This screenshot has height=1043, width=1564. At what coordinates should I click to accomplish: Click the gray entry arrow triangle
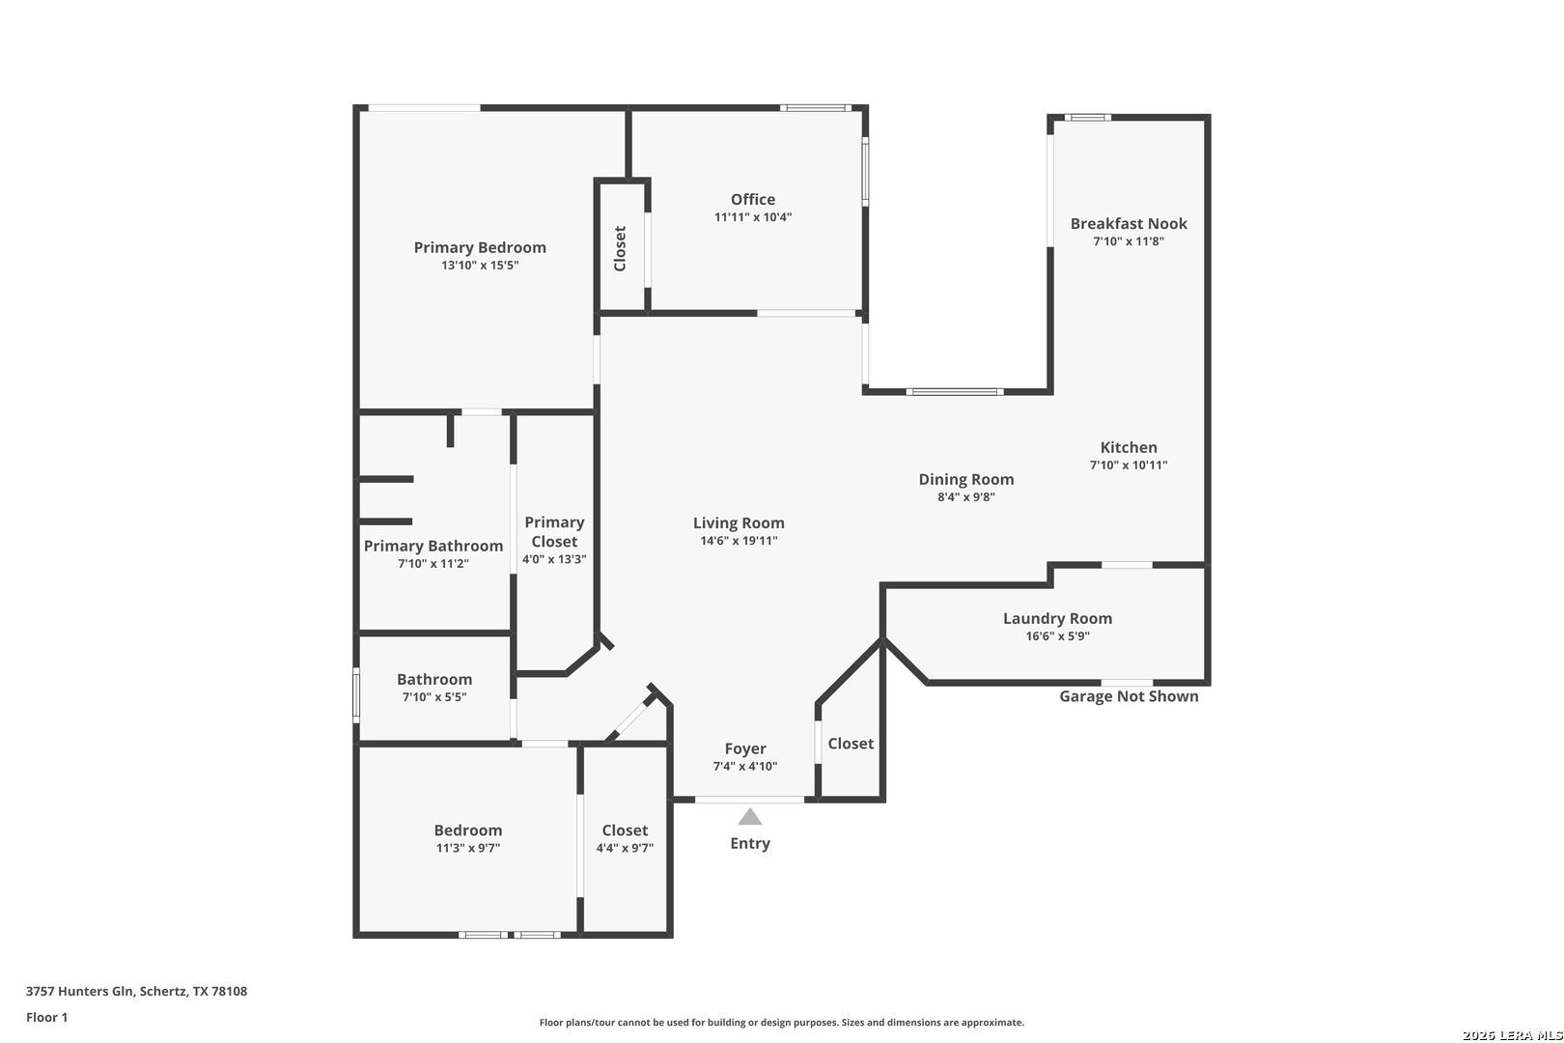(x=750, y=817)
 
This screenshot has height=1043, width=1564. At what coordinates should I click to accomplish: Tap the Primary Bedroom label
(x=480, y=247)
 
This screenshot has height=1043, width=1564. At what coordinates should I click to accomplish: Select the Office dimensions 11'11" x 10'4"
(x=753, y=217)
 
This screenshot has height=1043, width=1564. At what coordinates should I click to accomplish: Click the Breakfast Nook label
(x=1129, y=223)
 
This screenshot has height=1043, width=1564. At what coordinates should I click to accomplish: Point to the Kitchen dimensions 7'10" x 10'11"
(x=1129, y=465)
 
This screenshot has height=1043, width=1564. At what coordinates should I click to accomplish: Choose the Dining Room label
(x=965, y=480)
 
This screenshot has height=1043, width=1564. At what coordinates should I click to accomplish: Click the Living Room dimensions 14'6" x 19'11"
(x=739, y=541)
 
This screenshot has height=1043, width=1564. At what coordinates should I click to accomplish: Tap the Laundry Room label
(x=1057, y=618)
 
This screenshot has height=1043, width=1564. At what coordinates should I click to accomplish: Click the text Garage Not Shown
(x=1129, y=695)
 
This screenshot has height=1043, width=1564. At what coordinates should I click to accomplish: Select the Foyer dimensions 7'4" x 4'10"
(x=745, y=767)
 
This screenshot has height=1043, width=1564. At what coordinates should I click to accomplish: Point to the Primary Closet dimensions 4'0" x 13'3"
(x=554, y=559)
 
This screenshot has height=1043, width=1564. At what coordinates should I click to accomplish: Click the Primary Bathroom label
(x=433, y=547)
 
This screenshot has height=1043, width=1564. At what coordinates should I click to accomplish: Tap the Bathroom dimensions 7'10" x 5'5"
(x=434, y=697)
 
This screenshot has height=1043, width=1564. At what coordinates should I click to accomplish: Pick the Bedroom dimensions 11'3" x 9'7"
(x=468, y=848)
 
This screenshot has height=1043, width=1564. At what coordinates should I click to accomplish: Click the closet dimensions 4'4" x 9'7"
(x=625, y=848)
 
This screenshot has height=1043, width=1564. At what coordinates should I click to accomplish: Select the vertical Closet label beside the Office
(x=619, y=249)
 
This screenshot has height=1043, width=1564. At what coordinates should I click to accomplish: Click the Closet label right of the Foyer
(x=851, y=744)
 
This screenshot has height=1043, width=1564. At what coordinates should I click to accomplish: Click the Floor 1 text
(x=46, y=1017)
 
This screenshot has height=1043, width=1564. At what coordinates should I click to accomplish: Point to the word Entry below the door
(x=750, y=844)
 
